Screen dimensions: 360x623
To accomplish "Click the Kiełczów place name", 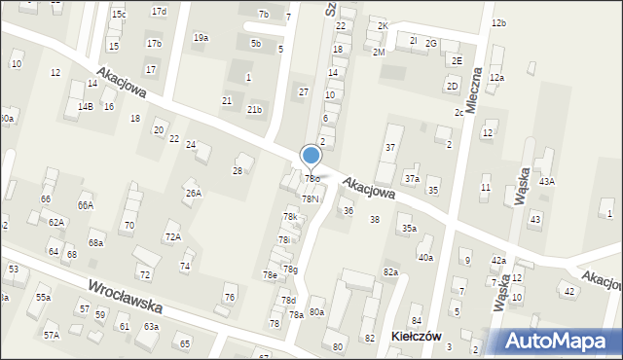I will [x=417, y=336].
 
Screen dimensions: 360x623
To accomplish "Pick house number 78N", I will [x=310, y=198].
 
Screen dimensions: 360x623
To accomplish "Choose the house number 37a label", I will [x=412, y=179].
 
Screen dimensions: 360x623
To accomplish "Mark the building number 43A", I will [x=547, y=181].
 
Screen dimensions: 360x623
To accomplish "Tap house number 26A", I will [x=194, y=193].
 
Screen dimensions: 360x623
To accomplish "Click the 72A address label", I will [x=172, y=236].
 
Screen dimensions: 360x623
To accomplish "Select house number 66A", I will [x=86, y=205].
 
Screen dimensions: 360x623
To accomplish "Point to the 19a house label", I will [x=201, y=37].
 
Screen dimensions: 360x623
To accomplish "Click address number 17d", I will [x=159, y=11].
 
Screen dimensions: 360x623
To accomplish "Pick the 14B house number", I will [x=86, y=106].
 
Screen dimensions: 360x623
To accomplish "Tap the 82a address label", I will [x=390, y=271].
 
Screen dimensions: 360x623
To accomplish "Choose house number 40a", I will [x=425, y=257].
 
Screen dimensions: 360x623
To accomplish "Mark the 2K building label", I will [x=383, y=25].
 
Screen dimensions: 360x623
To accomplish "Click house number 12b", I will [x=498, y=22].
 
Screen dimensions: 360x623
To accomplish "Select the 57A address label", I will [x=51, y=335].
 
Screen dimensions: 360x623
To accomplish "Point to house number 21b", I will [x=254, y=110].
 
